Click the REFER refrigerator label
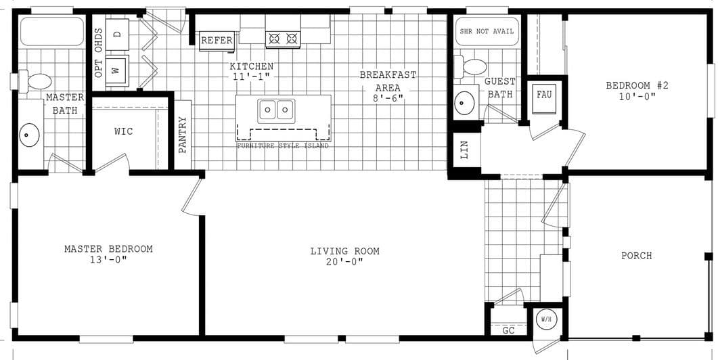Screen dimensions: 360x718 (x=217, y=41)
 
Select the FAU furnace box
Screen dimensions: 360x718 (x=544, y=94)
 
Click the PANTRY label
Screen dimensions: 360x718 (x=183, y=135)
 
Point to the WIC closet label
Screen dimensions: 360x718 (x=124, y=131)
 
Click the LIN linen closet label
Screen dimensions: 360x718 (x=464, y=150)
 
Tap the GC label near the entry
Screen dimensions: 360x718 (x=509, y=330)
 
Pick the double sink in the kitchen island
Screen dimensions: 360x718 (x=277, y=108)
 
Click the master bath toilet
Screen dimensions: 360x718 (x=37, y=81)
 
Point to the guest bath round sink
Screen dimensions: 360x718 (x=465, y=103)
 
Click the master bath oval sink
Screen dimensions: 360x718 (x=28, y=135)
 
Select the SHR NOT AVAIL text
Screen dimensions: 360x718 (x=487, y=31)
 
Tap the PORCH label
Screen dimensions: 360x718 (x=636, y=256)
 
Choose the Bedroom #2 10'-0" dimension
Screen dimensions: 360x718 (x=637, y=96)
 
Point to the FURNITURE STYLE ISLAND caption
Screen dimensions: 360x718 (x=283, y=146)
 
